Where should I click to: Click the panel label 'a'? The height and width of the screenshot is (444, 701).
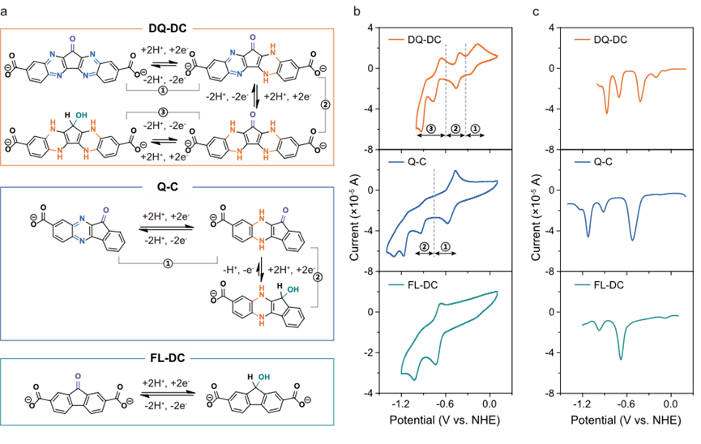click(3, 12)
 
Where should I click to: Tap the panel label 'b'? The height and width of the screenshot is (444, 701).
click(357, 11)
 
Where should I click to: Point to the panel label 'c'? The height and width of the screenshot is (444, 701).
click(536, 11)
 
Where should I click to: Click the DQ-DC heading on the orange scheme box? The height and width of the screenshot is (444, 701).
click(167, 28)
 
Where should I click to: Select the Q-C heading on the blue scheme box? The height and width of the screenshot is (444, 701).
click(168, 186)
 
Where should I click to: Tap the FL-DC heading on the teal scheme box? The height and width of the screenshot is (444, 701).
click(167, 358)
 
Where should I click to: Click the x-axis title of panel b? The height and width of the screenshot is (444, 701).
click(444, 420)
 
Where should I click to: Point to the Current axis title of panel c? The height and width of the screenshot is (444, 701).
click(536, 211)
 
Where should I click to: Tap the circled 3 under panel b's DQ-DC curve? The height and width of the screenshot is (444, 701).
click(430, 128)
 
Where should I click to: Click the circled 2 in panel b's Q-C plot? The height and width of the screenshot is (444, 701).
click(425, 246)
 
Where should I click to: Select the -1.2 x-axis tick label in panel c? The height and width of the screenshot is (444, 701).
click(582, 404)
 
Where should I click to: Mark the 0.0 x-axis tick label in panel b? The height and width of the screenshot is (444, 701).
click(489, 404)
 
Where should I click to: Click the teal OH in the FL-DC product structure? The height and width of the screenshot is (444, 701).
click(263, 377)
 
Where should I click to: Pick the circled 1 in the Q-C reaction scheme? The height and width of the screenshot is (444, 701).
click(168, 264)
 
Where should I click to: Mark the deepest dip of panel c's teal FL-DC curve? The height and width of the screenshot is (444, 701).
click(621, 359)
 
